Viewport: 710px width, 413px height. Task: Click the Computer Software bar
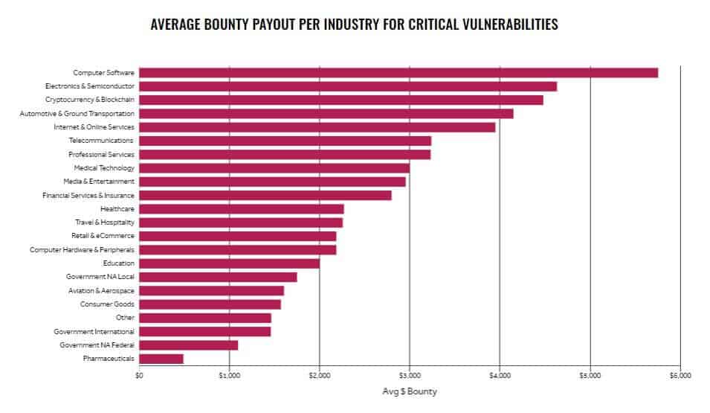(x=398, y=72)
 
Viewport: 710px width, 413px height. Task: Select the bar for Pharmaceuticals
(x=161, y=359)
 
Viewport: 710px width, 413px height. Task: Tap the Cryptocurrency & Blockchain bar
(x=341, y=100)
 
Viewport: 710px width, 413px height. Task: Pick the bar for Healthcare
(x=242, y=209)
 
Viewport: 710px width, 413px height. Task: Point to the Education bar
(x=230, y=263)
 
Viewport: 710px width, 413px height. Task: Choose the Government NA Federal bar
(x=188, y=345)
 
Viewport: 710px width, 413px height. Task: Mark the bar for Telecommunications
(x=285, y=141)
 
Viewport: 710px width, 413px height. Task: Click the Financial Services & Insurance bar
(x=265, y=196)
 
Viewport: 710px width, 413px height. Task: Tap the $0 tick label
(x=139, y=375)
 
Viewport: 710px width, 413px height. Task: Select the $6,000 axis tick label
(x=680, y=375)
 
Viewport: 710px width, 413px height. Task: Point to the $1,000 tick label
(x=229, y=375)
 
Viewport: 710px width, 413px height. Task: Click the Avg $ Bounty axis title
(x=410, y=391)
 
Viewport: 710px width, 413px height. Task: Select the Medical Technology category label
(x=104, y=168)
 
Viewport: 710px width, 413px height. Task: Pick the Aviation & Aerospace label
(x=101, y=291)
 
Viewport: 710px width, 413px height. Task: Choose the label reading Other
(x=125, y=317)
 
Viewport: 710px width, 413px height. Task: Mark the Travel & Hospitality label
(x=105, y=222)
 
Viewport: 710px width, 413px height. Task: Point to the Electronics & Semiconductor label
(x=90, y=86)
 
